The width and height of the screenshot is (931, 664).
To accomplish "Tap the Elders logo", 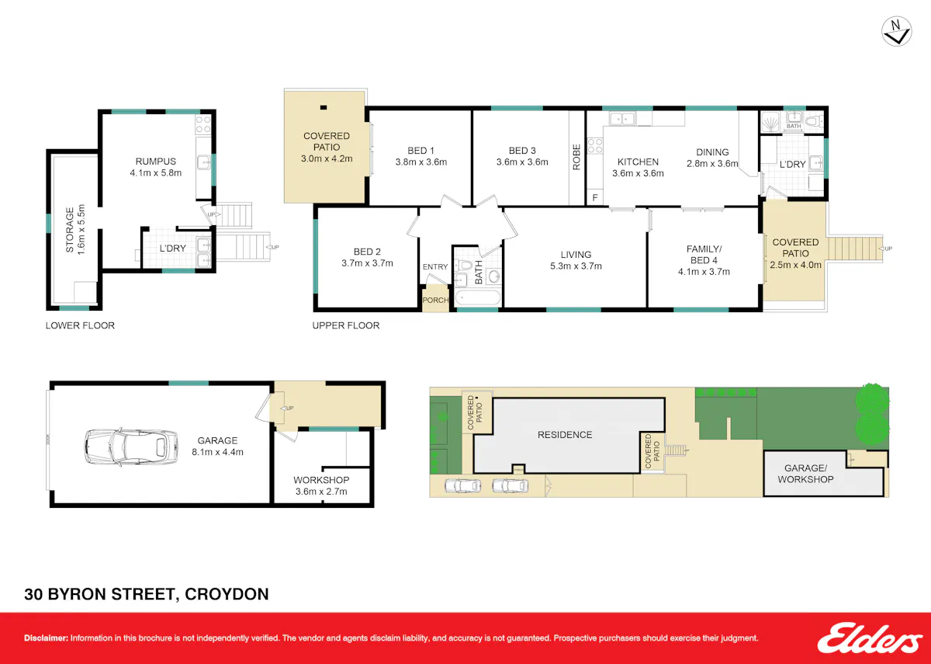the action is pyautogui.click(x=870, y=638).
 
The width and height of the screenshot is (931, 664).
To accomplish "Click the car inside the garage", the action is pyautogui.click(x=131, y=447).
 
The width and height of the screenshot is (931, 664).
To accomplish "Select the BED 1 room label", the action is pyautogui.click(x=421, y=151).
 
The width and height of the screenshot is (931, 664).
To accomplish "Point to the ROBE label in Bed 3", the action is pyautogui.click(x=576, y=157).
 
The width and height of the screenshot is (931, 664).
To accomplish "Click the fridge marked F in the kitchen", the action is pyautogui.click(x=595, y=197).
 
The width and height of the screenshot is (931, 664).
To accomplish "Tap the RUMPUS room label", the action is pyautogui.click(x=156, y=162).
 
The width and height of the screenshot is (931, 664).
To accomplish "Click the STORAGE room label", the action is pyautogui.click(x=70, y=230).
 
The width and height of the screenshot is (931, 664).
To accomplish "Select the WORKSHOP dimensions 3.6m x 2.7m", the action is pyautogui.click(x=321, y=492).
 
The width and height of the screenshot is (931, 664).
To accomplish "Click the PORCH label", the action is pyautogui.click(x=435, y=300).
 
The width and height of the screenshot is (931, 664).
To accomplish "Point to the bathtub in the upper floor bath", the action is pyautogui.click(x=478, y=298).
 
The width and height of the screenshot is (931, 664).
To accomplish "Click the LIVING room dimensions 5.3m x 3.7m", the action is pyautogui.click(x=576, y=266).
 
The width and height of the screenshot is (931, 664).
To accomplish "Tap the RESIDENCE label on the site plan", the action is pyautogui.click(x=565, y=435).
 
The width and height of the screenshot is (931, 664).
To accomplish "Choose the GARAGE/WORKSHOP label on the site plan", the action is pyautogui.click(x=805, y=474).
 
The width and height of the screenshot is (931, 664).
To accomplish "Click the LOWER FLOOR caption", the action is pyautogui.click(x=80, y=325).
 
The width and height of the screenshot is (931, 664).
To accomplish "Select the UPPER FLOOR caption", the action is pyautogui.click(x=346, y=325).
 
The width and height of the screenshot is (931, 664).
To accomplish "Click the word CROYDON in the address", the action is pyautogui.click(x=227, y=594).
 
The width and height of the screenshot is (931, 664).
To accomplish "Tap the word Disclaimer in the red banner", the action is pyautogui.click(x=46, y=638).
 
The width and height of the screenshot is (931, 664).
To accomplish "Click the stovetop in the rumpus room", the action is pyautogui.click(x=203, y=124).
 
